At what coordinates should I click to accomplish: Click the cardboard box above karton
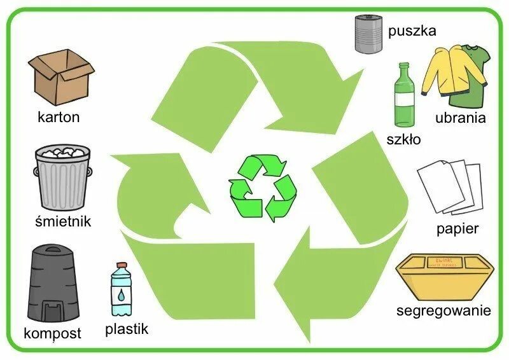tap(60, 78)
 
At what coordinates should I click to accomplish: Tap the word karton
tap(59, 117)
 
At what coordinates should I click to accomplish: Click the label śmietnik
tap(63, 221)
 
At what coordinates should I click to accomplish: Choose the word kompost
tap(52, 333)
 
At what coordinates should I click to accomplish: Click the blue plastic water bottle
tap(120, 291)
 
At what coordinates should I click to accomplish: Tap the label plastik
tap(127, 329)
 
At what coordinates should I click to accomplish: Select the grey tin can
tap(368, 34)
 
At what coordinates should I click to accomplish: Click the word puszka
tap(412, 31)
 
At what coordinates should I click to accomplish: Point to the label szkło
tap(403, 139)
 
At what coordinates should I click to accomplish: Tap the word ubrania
tap(461, 118)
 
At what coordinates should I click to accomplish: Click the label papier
tap(457, 228)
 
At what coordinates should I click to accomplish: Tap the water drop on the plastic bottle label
tap(120, 294)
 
